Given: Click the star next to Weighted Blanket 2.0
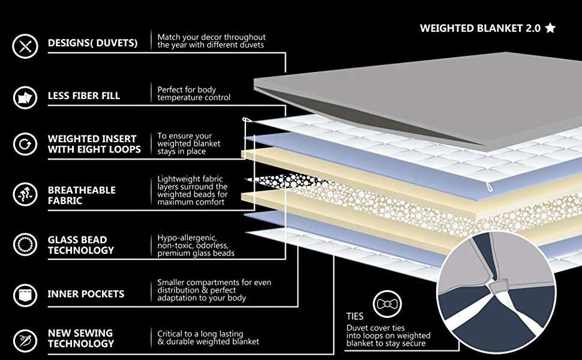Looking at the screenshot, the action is point(550,28).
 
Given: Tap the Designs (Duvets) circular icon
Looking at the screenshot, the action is point(25,46).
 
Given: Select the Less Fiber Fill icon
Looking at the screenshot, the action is point(25,98).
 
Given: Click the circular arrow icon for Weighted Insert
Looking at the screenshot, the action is point(25,144).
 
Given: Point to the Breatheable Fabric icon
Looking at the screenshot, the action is point(25,194).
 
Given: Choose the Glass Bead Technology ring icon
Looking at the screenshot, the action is point(25,245).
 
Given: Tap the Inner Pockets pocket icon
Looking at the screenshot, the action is point(25,295).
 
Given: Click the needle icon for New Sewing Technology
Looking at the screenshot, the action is point(25,340).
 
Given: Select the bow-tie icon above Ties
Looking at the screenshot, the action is point(387,304).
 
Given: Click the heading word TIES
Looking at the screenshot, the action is point(355,316).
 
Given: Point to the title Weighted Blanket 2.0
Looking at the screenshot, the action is point(480,28).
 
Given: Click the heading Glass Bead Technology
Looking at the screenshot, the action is point(81,245).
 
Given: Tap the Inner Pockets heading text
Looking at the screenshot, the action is point(86,294).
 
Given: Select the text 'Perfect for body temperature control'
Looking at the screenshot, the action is point(193,94).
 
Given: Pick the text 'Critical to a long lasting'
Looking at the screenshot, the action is point(200,334).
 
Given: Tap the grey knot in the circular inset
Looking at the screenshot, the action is point(498,287).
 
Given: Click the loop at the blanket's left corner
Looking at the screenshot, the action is point(246,119).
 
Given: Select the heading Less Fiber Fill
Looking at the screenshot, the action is point(84,96).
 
